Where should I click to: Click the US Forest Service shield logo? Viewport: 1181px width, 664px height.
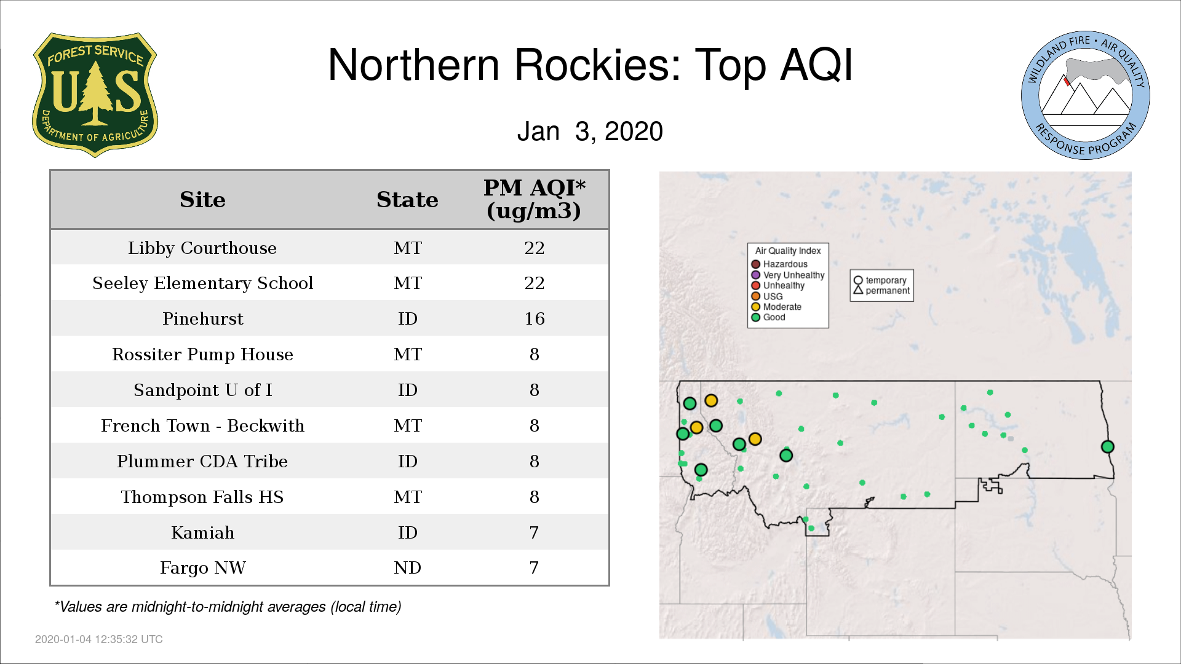(x=95, y=95)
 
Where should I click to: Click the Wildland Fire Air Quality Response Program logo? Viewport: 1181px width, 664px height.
(x=1086, y=95)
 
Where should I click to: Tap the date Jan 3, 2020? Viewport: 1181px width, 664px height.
(x=590, y=132)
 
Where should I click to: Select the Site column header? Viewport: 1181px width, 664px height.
(x=202, y=200)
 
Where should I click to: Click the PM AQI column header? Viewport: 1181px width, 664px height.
(x=534, y=199)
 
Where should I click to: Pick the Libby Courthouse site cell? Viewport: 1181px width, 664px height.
(x=202, y=248)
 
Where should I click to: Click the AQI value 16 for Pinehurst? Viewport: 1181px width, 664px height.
(x=534, y=318)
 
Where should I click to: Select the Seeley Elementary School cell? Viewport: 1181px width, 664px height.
(x=202, y=283)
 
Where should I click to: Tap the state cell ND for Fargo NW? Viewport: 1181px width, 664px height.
(x=407, y=567)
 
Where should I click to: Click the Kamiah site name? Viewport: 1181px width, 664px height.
(x=202, y=532)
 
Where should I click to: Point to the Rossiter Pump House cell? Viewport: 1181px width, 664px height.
(x=202, y=355)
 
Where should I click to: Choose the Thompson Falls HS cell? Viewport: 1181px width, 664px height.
(x=202, y=497)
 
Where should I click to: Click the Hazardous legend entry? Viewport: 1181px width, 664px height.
(x=779, y=264)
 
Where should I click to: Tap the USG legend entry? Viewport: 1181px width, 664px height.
(x=767, y=296)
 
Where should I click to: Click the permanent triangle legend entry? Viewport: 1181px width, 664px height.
(x=881, y=291)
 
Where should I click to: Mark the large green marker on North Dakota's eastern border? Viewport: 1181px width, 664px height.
(x=1107, y=447)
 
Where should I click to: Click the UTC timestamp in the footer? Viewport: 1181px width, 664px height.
(x=99, y=639)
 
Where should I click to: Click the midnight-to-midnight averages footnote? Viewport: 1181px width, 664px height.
(x=228, y=607)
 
